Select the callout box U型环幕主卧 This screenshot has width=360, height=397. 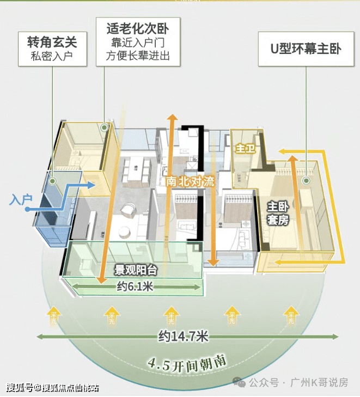(x=306, y=49)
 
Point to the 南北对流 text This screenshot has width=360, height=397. (x=190, y=182)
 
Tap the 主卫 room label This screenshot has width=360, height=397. (x=242, y=148)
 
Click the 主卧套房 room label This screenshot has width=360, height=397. (x=277, y=213)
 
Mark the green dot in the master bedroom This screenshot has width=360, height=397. (x=306, y=180)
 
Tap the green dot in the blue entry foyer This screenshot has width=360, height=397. (x=53, y=180)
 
